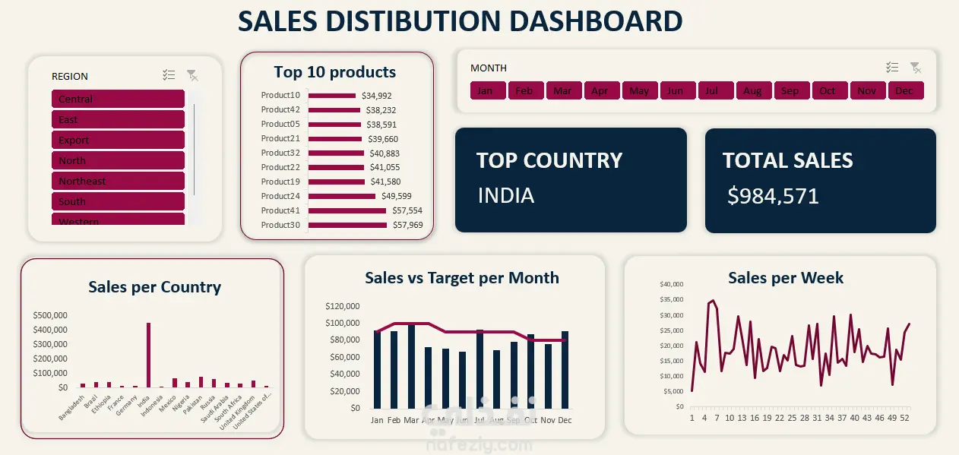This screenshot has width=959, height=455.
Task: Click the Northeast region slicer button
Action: [118, 181]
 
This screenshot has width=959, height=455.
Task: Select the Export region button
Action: [118, 140]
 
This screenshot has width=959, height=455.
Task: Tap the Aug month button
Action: [752, 90]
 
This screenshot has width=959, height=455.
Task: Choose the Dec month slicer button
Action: [904, 90]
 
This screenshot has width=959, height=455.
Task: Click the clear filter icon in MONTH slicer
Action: [916, 68]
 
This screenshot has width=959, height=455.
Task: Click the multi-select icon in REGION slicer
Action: [169, 75]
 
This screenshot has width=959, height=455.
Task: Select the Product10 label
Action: [280, 95]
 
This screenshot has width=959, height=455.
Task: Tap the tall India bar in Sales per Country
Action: [148, 355]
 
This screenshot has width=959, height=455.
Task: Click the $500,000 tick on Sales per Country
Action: [50, 315]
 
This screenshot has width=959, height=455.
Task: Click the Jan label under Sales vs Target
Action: [377, 420]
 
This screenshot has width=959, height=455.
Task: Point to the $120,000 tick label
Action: [342, 307]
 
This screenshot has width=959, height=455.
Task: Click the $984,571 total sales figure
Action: [773, 196]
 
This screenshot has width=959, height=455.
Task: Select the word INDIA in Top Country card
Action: [506, 195]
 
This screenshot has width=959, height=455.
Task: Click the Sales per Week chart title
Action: [785, 278]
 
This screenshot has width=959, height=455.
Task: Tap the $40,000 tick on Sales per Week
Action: [672, 284]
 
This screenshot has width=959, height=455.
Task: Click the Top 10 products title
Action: [334, 72]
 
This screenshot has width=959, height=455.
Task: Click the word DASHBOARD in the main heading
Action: [596, 21]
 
